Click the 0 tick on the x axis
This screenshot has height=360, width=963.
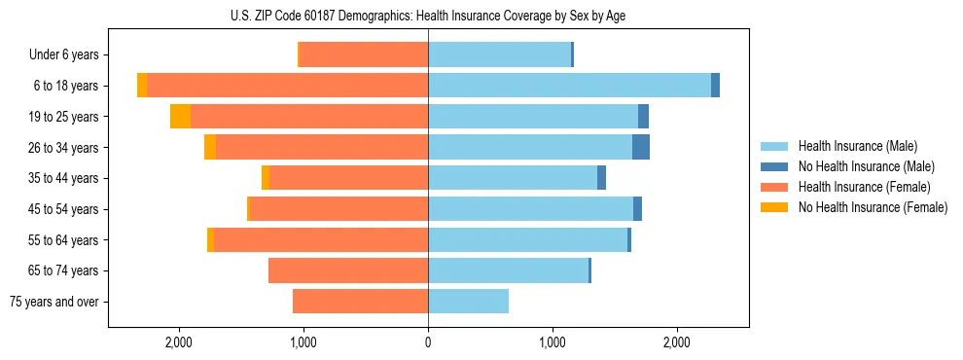click(x=428, y=342)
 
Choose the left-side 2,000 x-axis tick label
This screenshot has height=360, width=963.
click(x=179, y=342)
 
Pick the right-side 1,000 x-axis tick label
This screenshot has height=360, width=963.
click(x=553, y=342)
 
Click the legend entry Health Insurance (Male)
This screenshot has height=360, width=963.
click(x=857, y=146)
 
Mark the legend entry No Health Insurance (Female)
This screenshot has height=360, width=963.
click(x=873, y=207)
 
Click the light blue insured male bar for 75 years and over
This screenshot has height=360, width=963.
click(x=468, y=302)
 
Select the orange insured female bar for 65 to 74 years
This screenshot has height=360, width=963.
click(x=348, y=270)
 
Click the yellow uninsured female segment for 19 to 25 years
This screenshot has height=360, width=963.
click(x=180, y=117)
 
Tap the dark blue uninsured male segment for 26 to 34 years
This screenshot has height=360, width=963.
click(x=641, y=147)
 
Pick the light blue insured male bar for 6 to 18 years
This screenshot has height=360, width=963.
click(x=569, y=86)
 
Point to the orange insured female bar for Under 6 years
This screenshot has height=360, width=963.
click(x=364, y=55)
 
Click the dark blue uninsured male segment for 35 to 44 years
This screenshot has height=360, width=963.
click(x=601, y=178)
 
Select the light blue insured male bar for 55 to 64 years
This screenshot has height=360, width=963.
click(x=527, y=239)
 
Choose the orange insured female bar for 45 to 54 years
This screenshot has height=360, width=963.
click(x=339, y=209)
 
